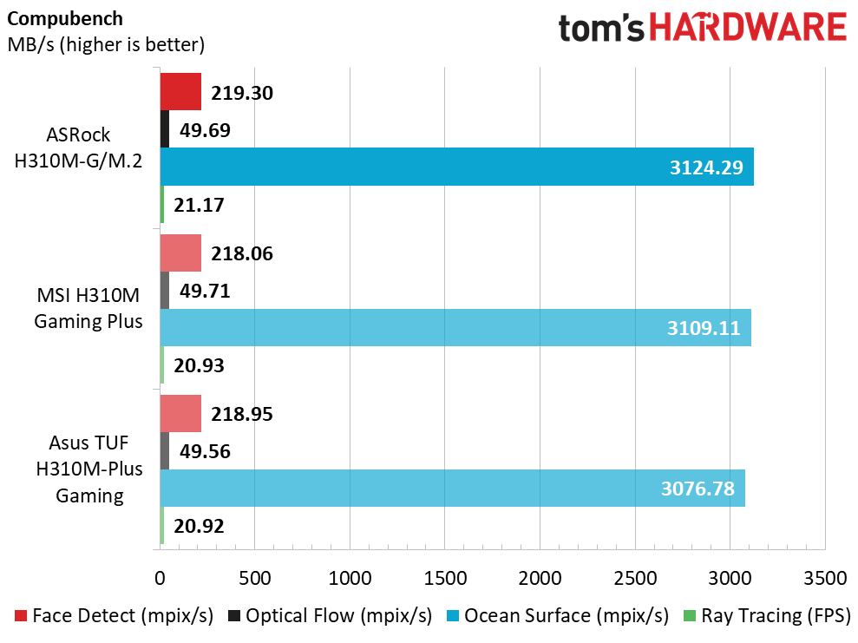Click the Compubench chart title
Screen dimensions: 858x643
65,18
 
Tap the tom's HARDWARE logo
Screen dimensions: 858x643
703,28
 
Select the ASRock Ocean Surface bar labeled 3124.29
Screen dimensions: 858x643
457,167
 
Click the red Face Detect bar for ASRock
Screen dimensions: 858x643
180,91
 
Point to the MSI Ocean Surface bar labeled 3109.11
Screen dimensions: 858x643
455,327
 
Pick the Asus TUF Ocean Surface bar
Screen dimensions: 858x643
453,489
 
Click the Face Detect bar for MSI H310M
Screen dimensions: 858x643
180,253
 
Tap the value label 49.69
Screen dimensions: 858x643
206,130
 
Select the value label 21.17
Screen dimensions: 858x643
200,205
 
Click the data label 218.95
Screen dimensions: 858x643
242,414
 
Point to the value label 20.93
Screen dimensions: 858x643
200,365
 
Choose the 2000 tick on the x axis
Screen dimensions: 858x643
540,578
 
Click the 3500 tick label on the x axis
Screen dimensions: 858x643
825,578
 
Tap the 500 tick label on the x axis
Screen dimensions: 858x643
255,578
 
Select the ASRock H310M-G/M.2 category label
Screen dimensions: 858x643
78,148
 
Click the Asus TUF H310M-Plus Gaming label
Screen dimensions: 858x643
89,469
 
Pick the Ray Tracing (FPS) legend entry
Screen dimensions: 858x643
768,615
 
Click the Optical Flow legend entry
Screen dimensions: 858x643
331,615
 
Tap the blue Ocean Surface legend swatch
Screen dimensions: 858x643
453,615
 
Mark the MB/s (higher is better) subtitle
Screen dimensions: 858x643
106,44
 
